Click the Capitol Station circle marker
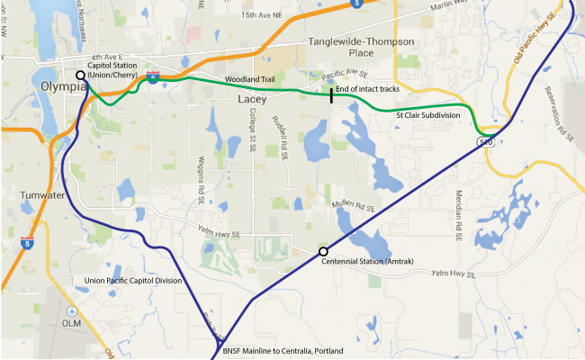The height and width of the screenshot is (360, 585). [x=81, y=76]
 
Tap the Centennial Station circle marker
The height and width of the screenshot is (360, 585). [x=323, y=252]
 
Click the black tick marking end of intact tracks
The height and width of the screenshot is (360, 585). [x=331, y=94]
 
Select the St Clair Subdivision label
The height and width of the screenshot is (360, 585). [x=428, y=116]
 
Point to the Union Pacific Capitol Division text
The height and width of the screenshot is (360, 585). [x=132, y=281]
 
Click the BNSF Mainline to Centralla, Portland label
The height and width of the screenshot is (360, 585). [x=269, y=350]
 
